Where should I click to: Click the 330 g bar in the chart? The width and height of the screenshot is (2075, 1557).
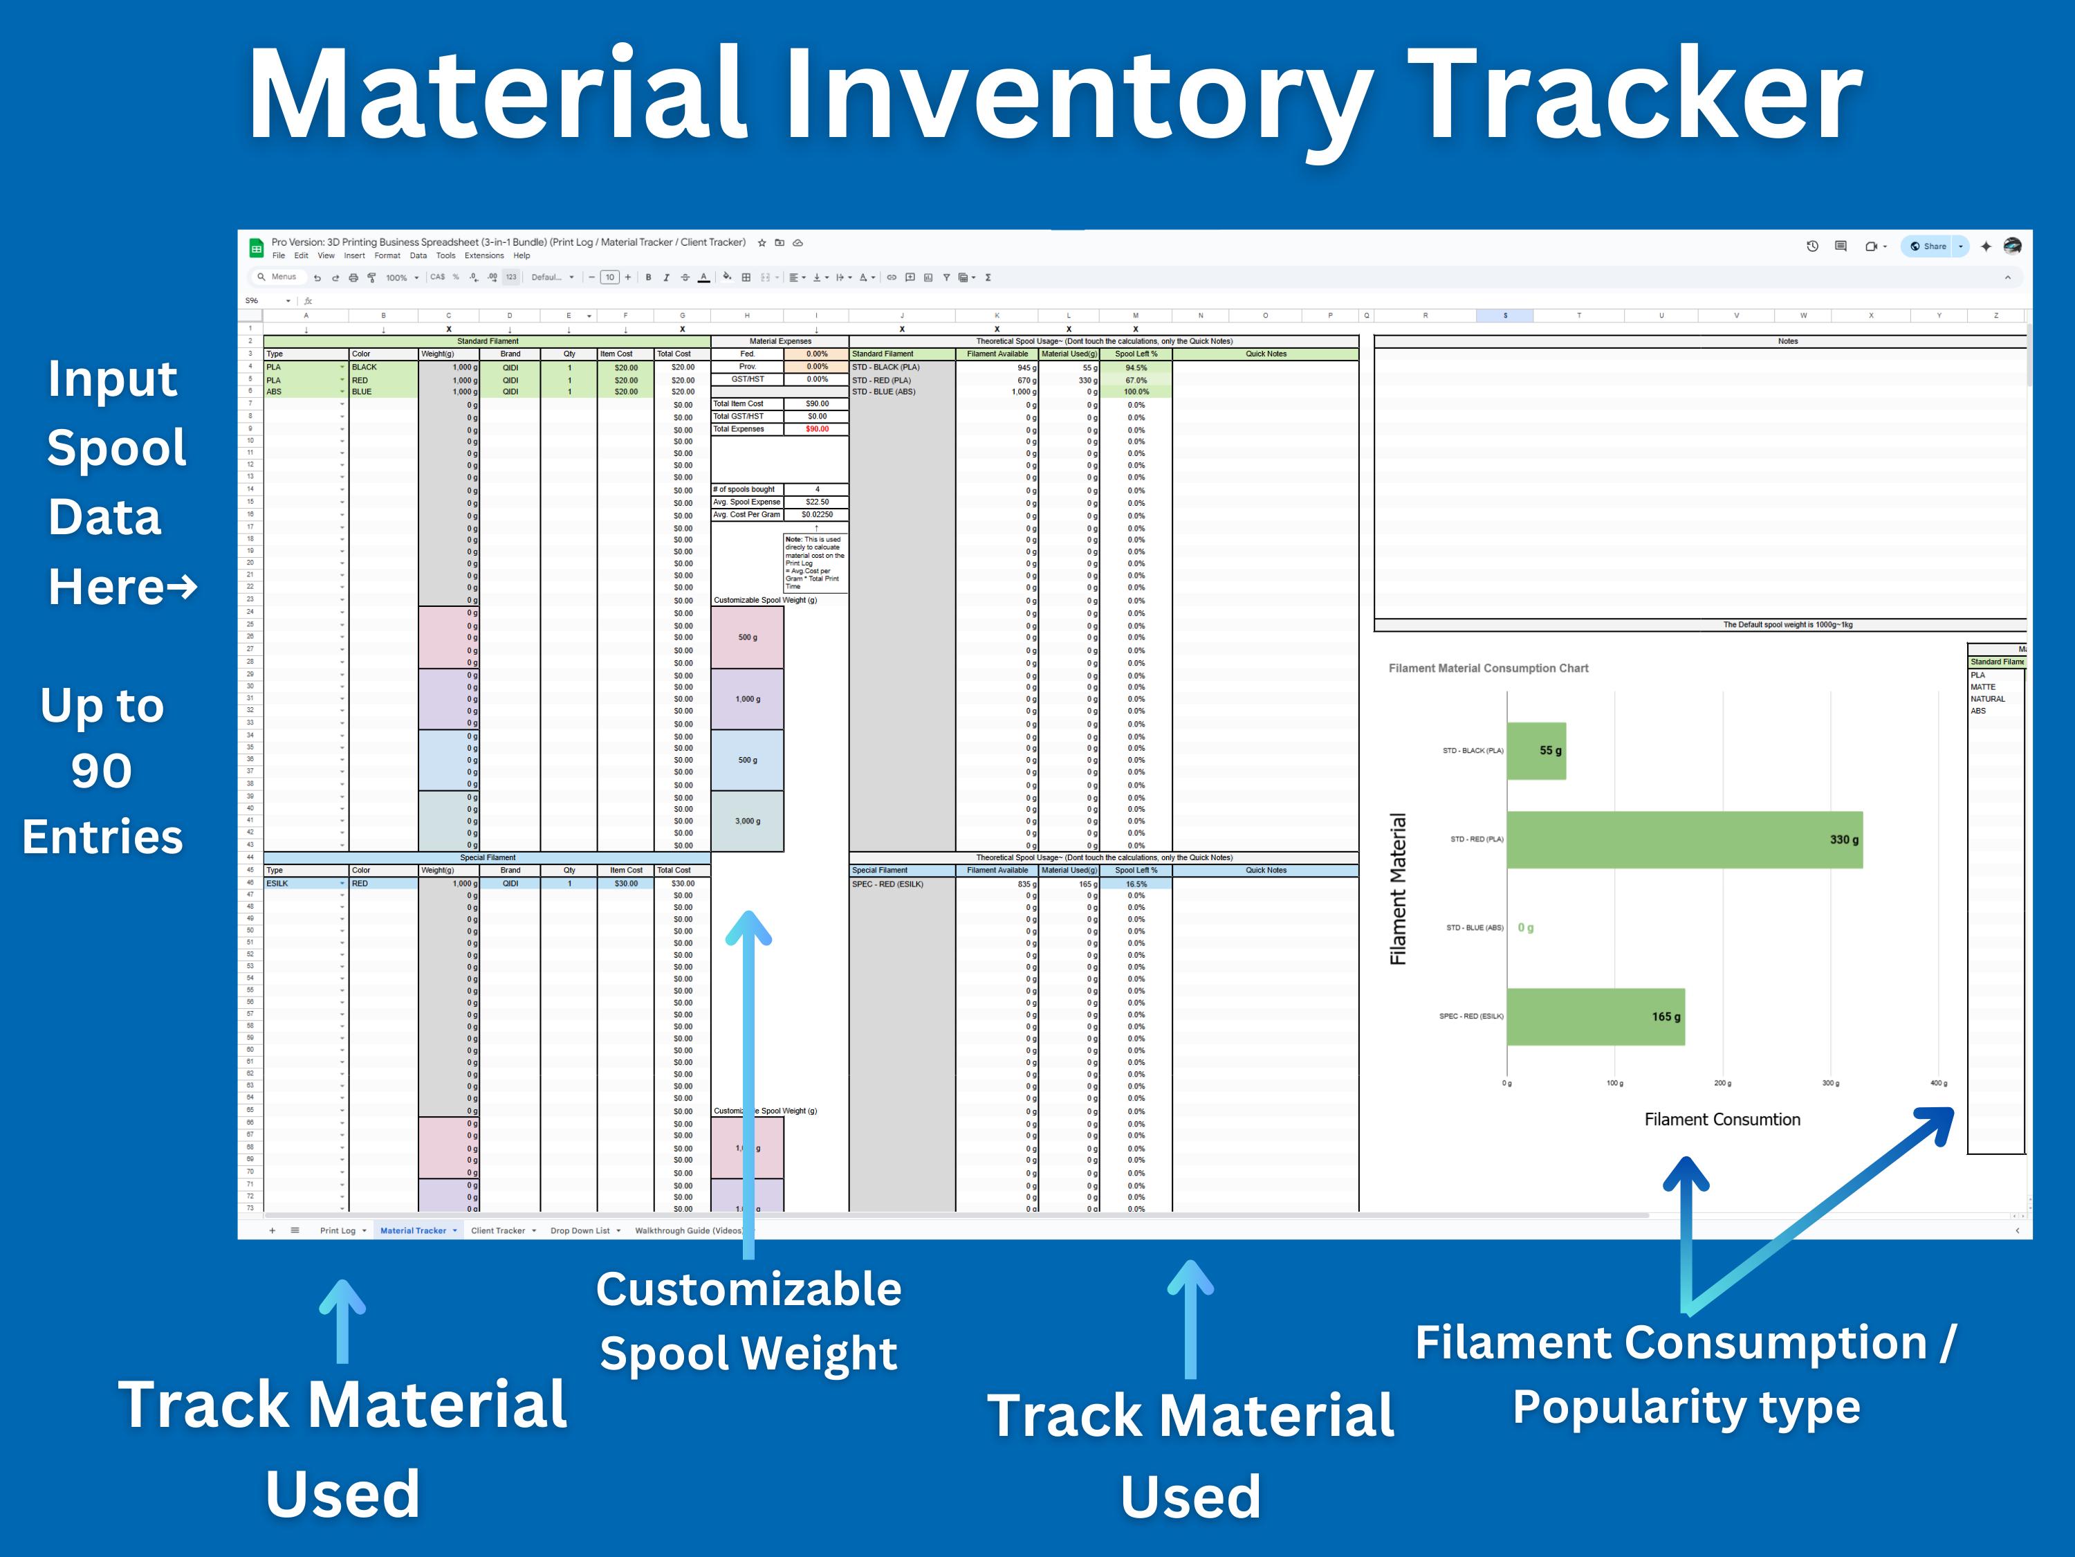pyautogui.click(x=1684, y=840)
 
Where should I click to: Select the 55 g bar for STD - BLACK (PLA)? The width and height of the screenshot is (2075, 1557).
pyautogui.click(x=1535, y=751)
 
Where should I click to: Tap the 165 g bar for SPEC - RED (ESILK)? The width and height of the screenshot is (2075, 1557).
pyautogui.click(x=1595, y=1017)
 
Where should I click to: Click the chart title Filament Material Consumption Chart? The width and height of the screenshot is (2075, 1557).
pyautogui.click(x=1488, y=668)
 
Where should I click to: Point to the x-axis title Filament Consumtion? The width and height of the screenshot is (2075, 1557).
pyautogui.click(x=1722, y=1120)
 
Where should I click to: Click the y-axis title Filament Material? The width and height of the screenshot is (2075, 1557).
pyautogui.click(x=1398, y=888)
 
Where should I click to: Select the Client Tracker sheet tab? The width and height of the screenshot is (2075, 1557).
pyautogui.click(x=497, y=1230)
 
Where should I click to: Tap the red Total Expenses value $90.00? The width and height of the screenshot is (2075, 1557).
pyautogui.click(x=817, y=429)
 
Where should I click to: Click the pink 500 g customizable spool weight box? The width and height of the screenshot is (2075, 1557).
pyautogui.click(x=747, y=637)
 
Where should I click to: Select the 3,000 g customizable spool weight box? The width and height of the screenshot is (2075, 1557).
pyautogui.click(x=747, y=821)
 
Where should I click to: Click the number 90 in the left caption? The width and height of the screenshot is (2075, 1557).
pyautogui.click(x=101, y=772)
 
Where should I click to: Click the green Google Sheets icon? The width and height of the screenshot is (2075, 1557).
pyautogui.click(x=256, y=248)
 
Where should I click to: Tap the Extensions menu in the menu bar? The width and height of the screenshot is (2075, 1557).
pyautogui.click(x=484, y=255)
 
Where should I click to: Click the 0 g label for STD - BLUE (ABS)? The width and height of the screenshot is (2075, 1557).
pyautogui.click(x=1525, y=928)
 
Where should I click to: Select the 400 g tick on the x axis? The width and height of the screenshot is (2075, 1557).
pyautogui.click(x=1938, y=1083)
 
